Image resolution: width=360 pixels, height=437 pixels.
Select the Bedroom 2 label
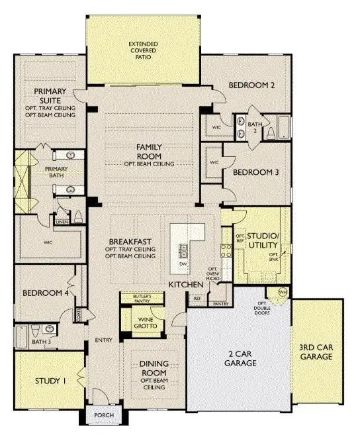point(251,85)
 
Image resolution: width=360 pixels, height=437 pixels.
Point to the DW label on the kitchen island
point(183,264)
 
